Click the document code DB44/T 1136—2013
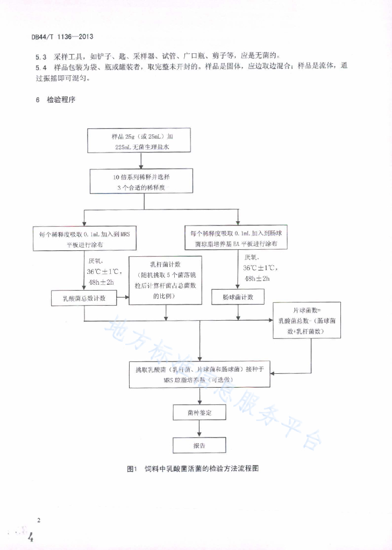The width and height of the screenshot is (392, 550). [x=62, y=37]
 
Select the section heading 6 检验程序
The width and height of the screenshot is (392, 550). [x=55, y=99]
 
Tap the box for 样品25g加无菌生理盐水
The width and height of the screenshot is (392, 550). [x=139, y=140]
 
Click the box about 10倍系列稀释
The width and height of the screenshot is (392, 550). [x=141, y=181]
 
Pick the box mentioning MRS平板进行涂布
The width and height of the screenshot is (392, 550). [x=84, y=238]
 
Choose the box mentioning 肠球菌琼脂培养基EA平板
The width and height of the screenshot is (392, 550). [x=236, y=237]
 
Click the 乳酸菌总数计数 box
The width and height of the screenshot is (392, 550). [x=84, y=298]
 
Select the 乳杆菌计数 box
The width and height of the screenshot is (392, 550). [x=166, y=280]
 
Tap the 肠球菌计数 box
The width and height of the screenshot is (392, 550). [x=238, y=296]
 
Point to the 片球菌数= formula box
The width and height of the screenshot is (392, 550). [x=307, y=320]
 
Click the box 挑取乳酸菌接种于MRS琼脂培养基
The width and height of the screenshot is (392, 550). [x=199, y=374]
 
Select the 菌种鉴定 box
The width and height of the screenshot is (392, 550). [x=199, y=412]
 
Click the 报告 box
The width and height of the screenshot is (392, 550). [x=199, y=445]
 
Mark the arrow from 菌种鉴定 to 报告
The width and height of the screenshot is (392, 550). [x=199, y=429]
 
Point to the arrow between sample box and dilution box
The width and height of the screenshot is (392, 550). [x=141, y=161]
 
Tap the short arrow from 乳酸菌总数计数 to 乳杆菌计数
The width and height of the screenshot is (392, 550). [x=123, y=297]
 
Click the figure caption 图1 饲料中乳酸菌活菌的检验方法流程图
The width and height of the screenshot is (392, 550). [x=193, y=468]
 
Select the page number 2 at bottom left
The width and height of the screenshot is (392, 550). [x=39, y=520]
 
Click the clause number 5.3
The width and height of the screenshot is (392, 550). [x=41, y=57]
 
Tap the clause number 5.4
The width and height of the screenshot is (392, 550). [x=41, y=68]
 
